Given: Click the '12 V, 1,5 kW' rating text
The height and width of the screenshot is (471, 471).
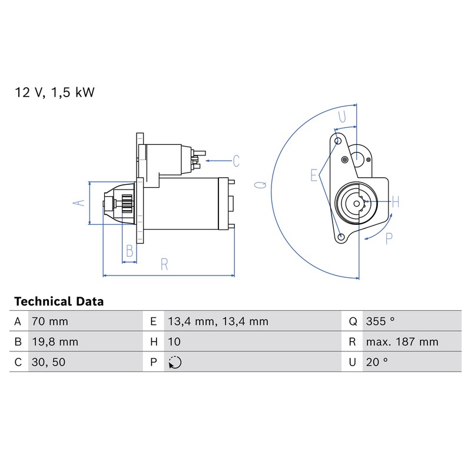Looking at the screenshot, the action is point(55,92).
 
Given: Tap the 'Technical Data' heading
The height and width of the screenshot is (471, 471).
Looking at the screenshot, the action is point(59,301).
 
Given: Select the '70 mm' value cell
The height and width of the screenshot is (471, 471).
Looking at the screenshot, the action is point(50,321).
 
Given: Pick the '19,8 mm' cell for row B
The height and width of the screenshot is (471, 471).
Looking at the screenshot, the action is point(55,342).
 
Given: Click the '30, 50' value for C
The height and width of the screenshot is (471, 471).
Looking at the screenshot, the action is point(48,362).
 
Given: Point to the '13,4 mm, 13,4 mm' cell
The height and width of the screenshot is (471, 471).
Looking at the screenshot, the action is point(218,321).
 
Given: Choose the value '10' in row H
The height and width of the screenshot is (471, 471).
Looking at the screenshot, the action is point(174,342).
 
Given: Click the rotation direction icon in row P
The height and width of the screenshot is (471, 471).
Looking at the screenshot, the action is point(175,362).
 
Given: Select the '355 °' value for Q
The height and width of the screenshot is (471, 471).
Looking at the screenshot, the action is point(380,321).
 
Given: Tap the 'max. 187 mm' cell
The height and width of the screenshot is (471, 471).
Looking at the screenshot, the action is point(402,342).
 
